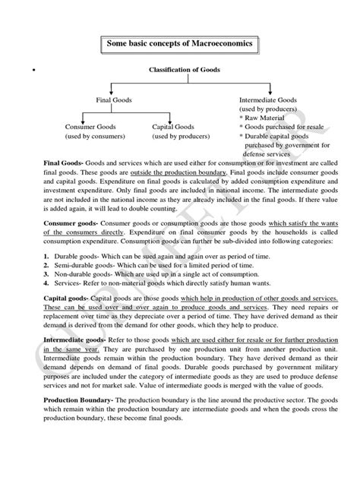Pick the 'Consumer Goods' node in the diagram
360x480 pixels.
[x=90, y=127]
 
